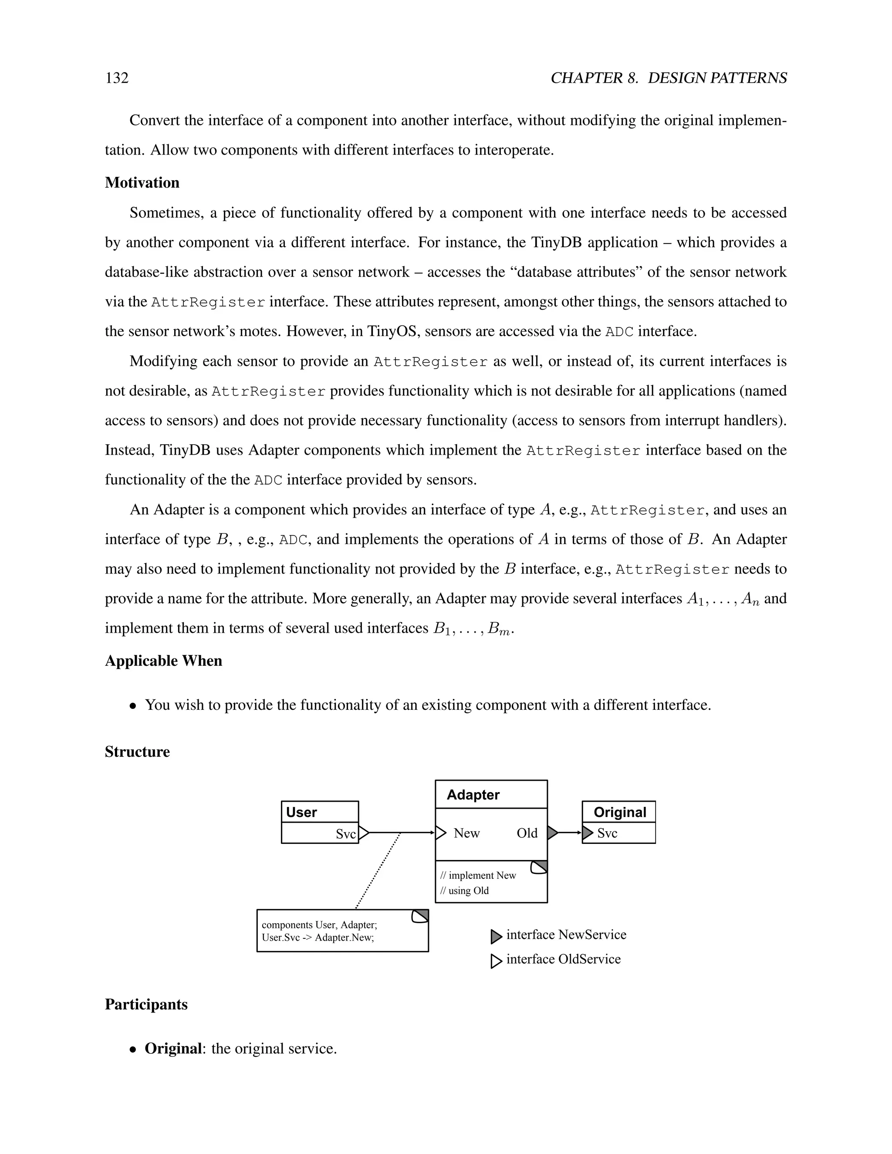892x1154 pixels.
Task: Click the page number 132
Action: click(x=117, y=78)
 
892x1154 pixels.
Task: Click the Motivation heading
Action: click(x=142, y=182)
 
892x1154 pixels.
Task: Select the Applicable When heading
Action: click(x=163, y=661)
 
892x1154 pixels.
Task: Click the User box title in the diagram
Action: click(x=301, y=812)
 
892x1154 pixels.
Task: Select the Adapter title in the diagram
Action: click(x=473, y=795)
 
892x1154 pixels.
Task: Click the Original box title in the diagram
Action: click(x=620, y=812)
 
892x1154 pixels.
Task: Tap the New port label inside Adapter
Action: click(x=466, y=833)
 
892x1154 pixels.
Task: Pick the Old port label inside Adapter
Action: click(x=527, y=833)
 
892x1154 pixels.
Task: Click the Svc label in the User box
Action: click(x=345, y=834)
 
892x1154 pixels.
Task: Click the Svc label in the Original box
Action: click(x=607, y=833)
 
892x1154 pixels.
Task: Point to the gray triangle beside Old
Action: click(x=552, y=833)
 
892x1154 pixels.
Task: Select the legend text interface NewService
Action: click(x=566, y=935)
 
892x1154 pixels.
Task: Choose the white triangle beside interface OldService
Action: click(x=496, y=961)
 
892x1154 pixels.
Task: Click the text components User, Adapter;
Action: click(x=319, y=925)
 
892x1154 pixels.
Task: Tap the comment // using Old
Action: click(x=464, y=891)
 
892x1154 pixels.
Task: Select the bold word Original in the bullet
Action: click(x=173, y=1048)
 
